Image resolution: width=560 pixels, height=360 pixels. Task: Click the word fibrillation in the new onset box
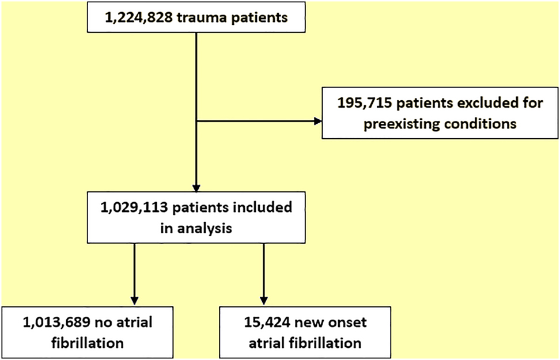pos(327,343)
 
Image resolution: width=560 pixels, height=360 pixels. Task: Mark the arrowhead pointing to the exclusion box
pos(317,122)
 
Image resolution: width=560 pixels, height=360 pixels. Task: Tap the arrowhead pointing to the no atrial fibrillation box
pos(134,301)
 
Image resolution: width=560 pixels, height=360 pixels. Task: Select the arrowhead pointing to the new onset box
pos(263,301)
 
